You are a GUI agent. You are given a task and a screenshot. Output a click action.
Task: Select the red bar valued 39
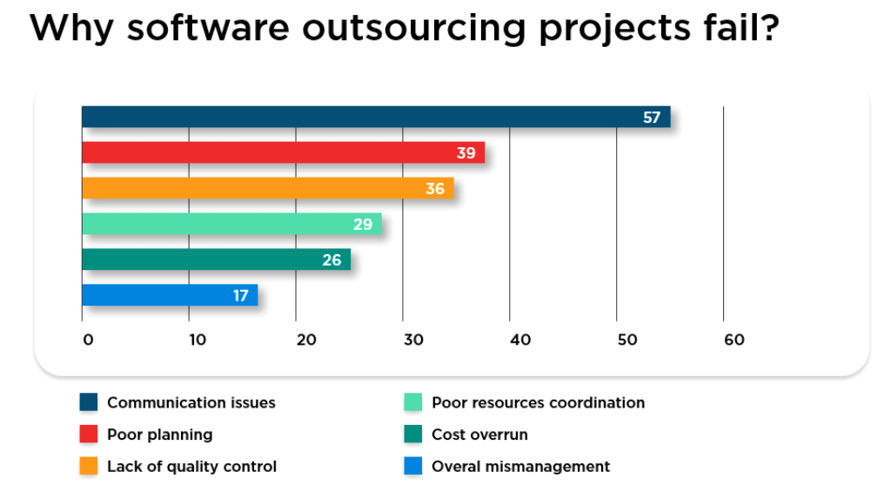point(283,152)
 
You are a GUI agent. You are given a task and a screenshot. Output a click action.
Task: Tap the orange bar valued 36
point(267,188)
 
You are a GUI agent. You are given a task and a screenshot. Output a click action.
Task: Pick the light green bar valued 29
point(231,224)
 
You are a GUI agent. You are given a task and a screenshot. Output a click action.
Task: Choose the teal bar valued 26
point(216,260)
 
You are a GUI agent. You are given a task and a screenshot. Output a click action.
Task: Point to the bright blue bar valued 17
point(170,295)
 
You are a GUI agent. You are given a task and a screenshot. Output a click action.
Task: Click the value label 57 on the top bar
point(652,118)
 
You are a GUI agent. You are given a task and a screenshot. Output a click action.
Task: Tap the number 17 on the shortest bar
point(241,296)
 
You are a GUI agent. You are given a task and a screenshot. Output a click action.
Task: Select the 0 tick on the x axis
point(88,340)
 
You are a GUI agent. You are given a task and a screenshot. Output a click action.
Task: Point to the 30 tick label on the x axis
point(413,340)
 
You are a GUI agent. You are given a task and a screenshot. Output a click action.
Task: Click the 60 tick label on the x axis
point(734,340)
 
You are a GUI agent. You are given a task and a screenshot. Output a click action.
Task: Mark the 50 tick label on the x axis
point(627,340)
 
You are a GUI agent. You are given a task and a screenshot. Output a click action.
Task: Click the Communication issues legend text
point(191,402)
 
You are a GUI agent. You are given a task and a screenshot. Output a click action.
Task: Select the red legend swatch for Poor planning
point(89,435)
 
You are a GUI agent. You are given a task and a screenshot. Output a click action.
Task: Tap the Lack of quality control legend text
point(191,467)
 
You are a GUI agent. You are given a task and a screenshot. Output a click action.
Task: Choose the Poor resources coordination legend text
point(538,402)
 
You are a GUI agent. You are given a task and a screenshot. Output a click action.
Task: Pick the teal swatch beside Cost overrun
point(413,435)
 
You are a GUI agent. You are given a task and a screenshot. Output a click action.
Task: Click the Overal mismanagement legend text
point(520,467)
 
